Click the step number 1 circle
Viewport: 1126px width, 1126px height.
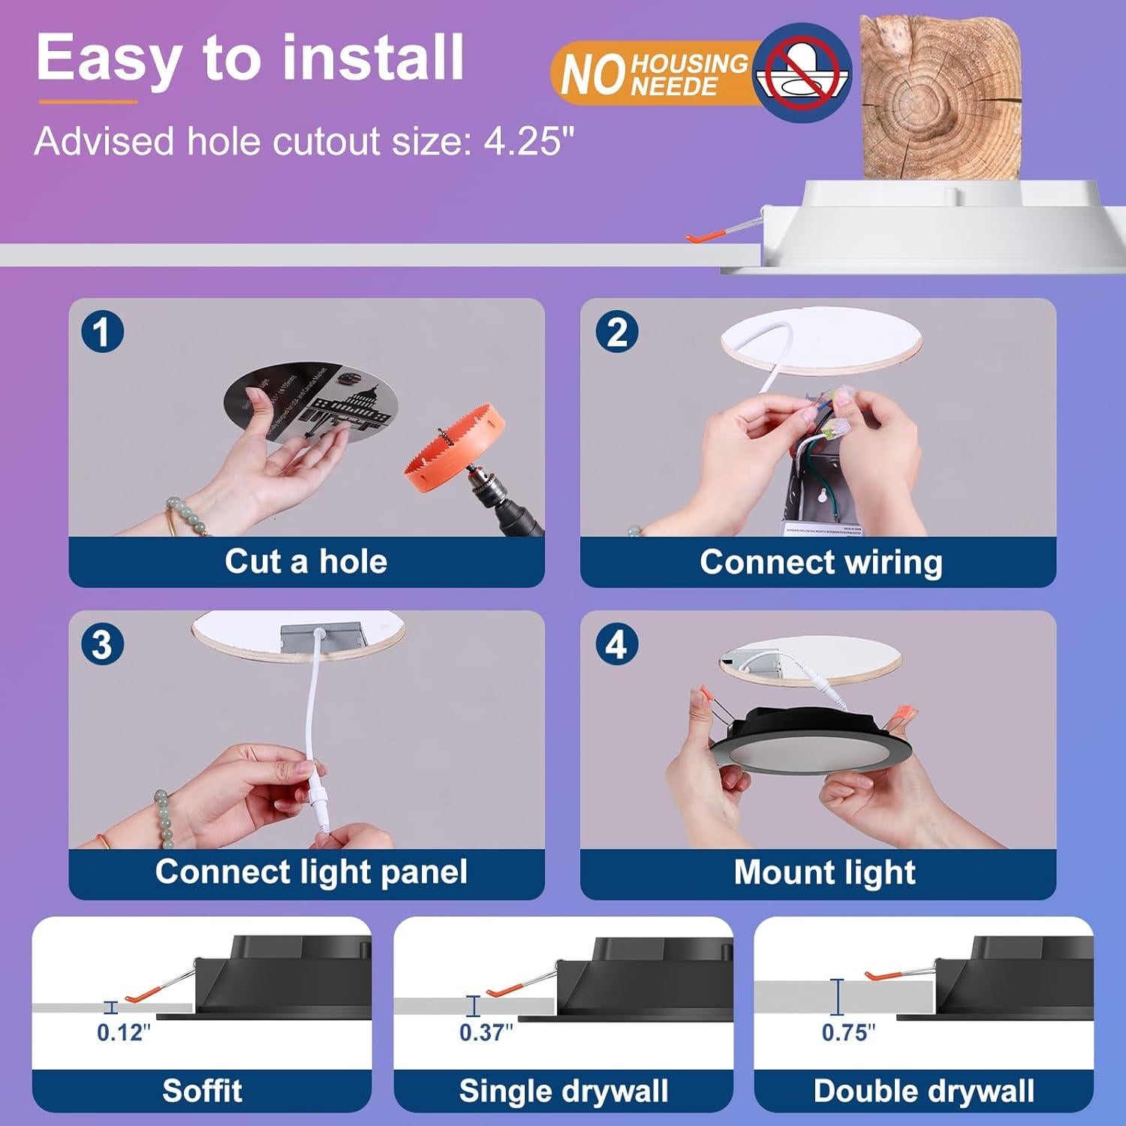(x=102, y=332)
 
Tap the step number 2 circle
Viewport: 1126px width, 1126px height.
(x=616, y=332)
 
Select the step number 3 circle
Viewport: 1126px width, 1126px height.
(x=102, y=645)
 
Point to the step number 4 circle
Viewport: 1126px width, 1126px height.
(x=616, y=645)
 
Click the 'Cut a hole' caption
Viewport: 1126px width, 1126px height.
(x=306, y=561)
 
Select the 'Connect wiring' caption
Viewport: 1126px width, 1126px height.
(x=820, y=562)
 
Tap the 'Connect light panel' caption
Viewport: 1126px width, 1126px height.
(x=311, y=872)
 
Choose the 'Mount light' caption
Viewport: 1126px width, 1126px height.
(x=824, y=873)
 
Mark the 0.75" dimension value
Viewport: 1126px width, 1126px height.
(x=848, y=1033)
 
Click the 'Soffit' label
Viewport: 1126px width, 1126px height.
(x=202, y=1091)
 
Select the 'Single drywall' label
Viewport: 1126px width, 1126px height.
(x=563, y=1091)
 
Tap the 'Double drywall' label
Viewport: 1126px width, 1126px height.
(x=924, y=1091)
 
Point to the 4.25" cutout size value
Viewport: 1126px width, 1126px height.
(x=529, y=141)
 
